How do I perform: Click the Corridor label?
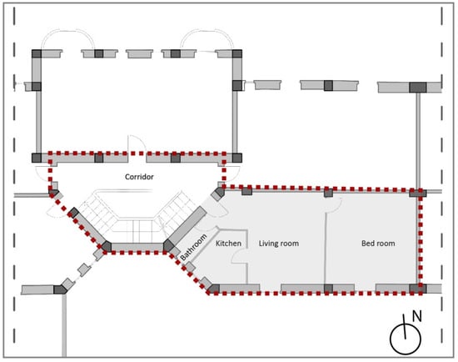pyautogui.click(x=139, y=177)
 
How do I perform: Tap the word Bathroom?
pyautogui.click(x=194, y=248)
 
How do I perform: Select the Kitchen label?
pyautogui.click(x=228, y=244)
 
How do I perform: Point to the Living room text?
pyautogui.click(x=279, y=244)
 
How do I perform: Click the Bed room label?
pyautogui.click(x=378, y=244)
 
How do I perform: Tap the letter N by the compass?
pyautogui.click(x=417, y=317)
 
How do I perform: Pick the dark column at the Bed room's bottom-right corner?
pyautogui.click(x=418, y=289)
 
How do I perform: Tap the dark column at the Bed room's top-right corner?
pyautogui.click(x=418, y=194)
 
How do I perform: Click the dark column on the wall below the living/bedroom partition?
pyautogui.click(x=328, y=289)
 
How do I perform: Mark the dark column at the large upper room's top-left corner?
pyautogui.click(x=37, y=54)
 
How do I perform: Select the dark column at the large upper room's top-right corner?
pyautogui.click(x=237, y=54)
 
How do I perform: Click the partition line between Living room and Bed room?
pyautogui.click(x=326, y=248)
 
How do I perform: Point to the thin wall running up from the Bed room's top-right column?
pyautogui.click(x=418, y=141)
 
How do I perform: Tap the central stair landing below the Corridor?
pyautogui.click(x=137, y=230)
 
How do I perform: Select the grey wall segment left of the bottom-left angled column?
pyautogui.click(x=37, y=289)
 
